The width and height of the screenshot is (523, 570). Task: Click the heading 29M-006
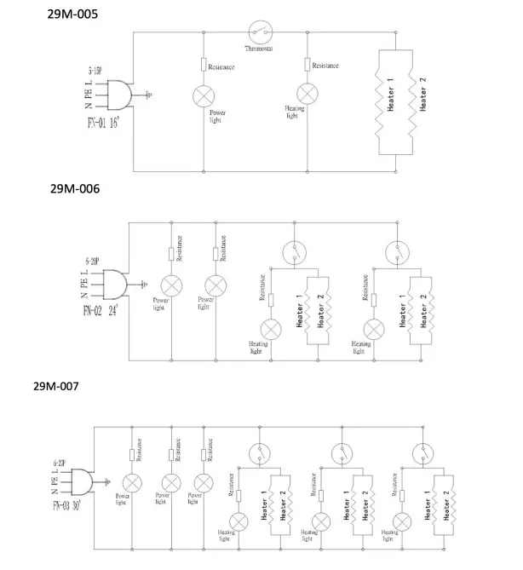click(74, 189)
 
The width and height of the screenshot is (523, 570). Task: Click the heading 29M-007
click(56, 387)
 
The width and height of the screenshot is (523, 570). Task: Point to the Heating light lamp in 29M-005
click(306, 92)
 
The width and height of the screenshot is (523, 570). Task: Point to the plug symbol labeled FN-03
click(82, 481)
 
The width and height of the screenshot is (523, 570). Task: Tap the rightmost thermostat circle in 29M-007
click(420, 452)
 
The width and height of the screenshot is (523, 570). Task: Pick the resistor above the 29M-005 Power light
click(204, 65)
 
